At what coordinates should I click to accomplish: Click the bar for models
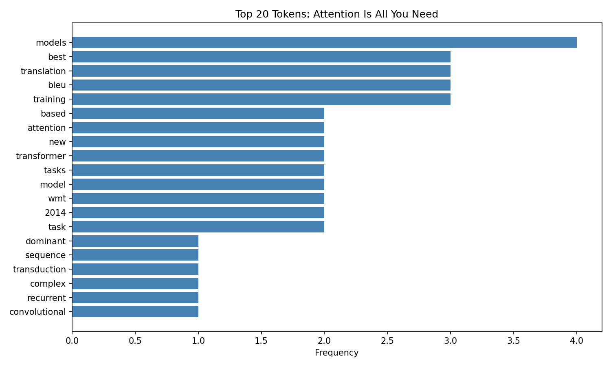coord(324,42)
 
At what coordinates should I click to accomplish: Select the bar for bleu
coord(261,85)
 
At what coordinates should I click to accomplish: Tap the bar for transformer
coord(198,156)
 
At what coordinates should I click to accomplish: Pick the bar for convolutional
coord(135,312)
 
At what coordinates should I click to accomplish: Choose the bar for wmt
coord(198,199)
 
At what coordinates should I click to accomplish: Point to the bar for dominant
coord(135,241)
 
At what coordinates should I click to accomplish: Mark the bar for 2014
coord(198,212)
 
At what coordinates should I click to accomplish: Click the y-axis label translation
coord(43,71)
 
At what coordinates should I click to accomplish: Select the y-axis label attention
coord(46,128)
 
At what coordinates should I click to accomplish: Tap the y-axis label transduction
coord(39,270)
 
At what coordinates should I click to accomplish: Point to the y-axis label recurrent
coord(46,298)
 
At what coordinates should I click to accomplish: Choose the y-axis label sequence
coord(45,255)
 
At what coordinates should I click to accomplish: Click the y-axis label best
coord(57,57)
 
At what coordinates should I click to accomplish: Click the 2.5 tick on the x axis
coord(387,340)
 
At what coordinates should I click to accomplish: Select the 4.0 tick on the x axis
coord(576,340)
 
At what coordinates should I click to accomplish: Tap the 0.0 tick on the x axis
coord(72,340)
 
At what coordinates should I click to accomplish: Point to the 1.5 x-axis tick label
coord(261,340)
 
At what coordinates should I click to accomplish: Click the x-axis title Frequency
coord(336,353)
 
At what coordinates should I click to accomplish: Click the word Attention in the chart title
coord(330,14)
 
